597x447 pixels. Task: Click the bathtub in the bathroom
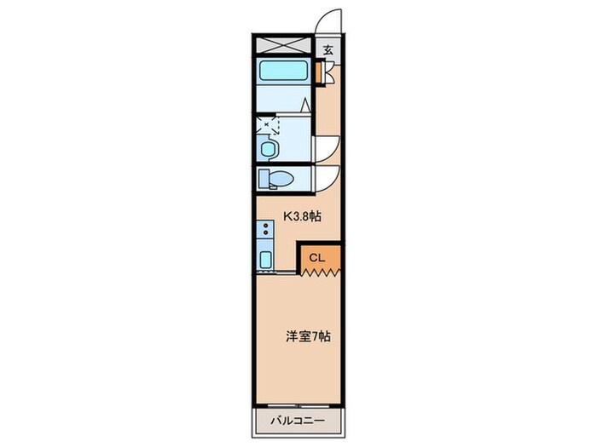click(285, 71)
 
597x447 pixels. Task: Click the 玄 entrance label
click(328, 49)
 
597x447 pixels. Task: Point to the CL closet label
click(316, 256)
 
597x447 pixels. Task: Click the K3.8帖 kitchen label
click(301, 216)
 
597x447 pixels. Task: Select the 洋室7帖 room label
click(308, 335)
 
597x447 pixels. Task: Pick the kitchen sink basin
click(264, 260)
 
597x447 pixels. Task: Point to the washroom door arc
click(329, 147)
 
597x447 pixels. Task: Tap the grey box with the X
click(284, 45)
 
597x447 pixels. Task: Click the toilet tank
click(264, 179)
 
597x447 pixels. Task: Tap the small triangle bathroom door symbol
click(305, 106)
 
